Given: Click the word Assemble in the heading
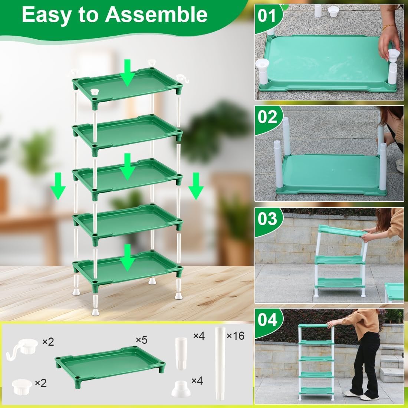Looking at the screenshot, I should [156, 15].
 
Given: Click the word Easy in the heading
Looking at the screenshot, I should [46, 15].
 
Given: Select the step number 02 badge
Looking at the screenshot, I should [267, 117].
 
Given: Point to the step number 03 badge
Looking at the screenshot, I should [267, 219].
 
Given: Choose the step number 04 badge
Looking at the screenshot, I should [267, 319].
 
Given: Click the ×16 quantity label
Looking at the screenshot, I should [236, 336].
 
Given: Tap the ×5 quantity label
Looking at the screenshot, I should [142, 340].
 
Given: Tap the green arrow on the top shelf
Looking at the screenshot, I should [128, 73].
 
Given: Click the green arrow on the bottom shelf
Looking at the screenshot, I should [128, 257].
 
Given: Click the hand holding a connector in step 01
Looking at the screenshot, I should [389, 41].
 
